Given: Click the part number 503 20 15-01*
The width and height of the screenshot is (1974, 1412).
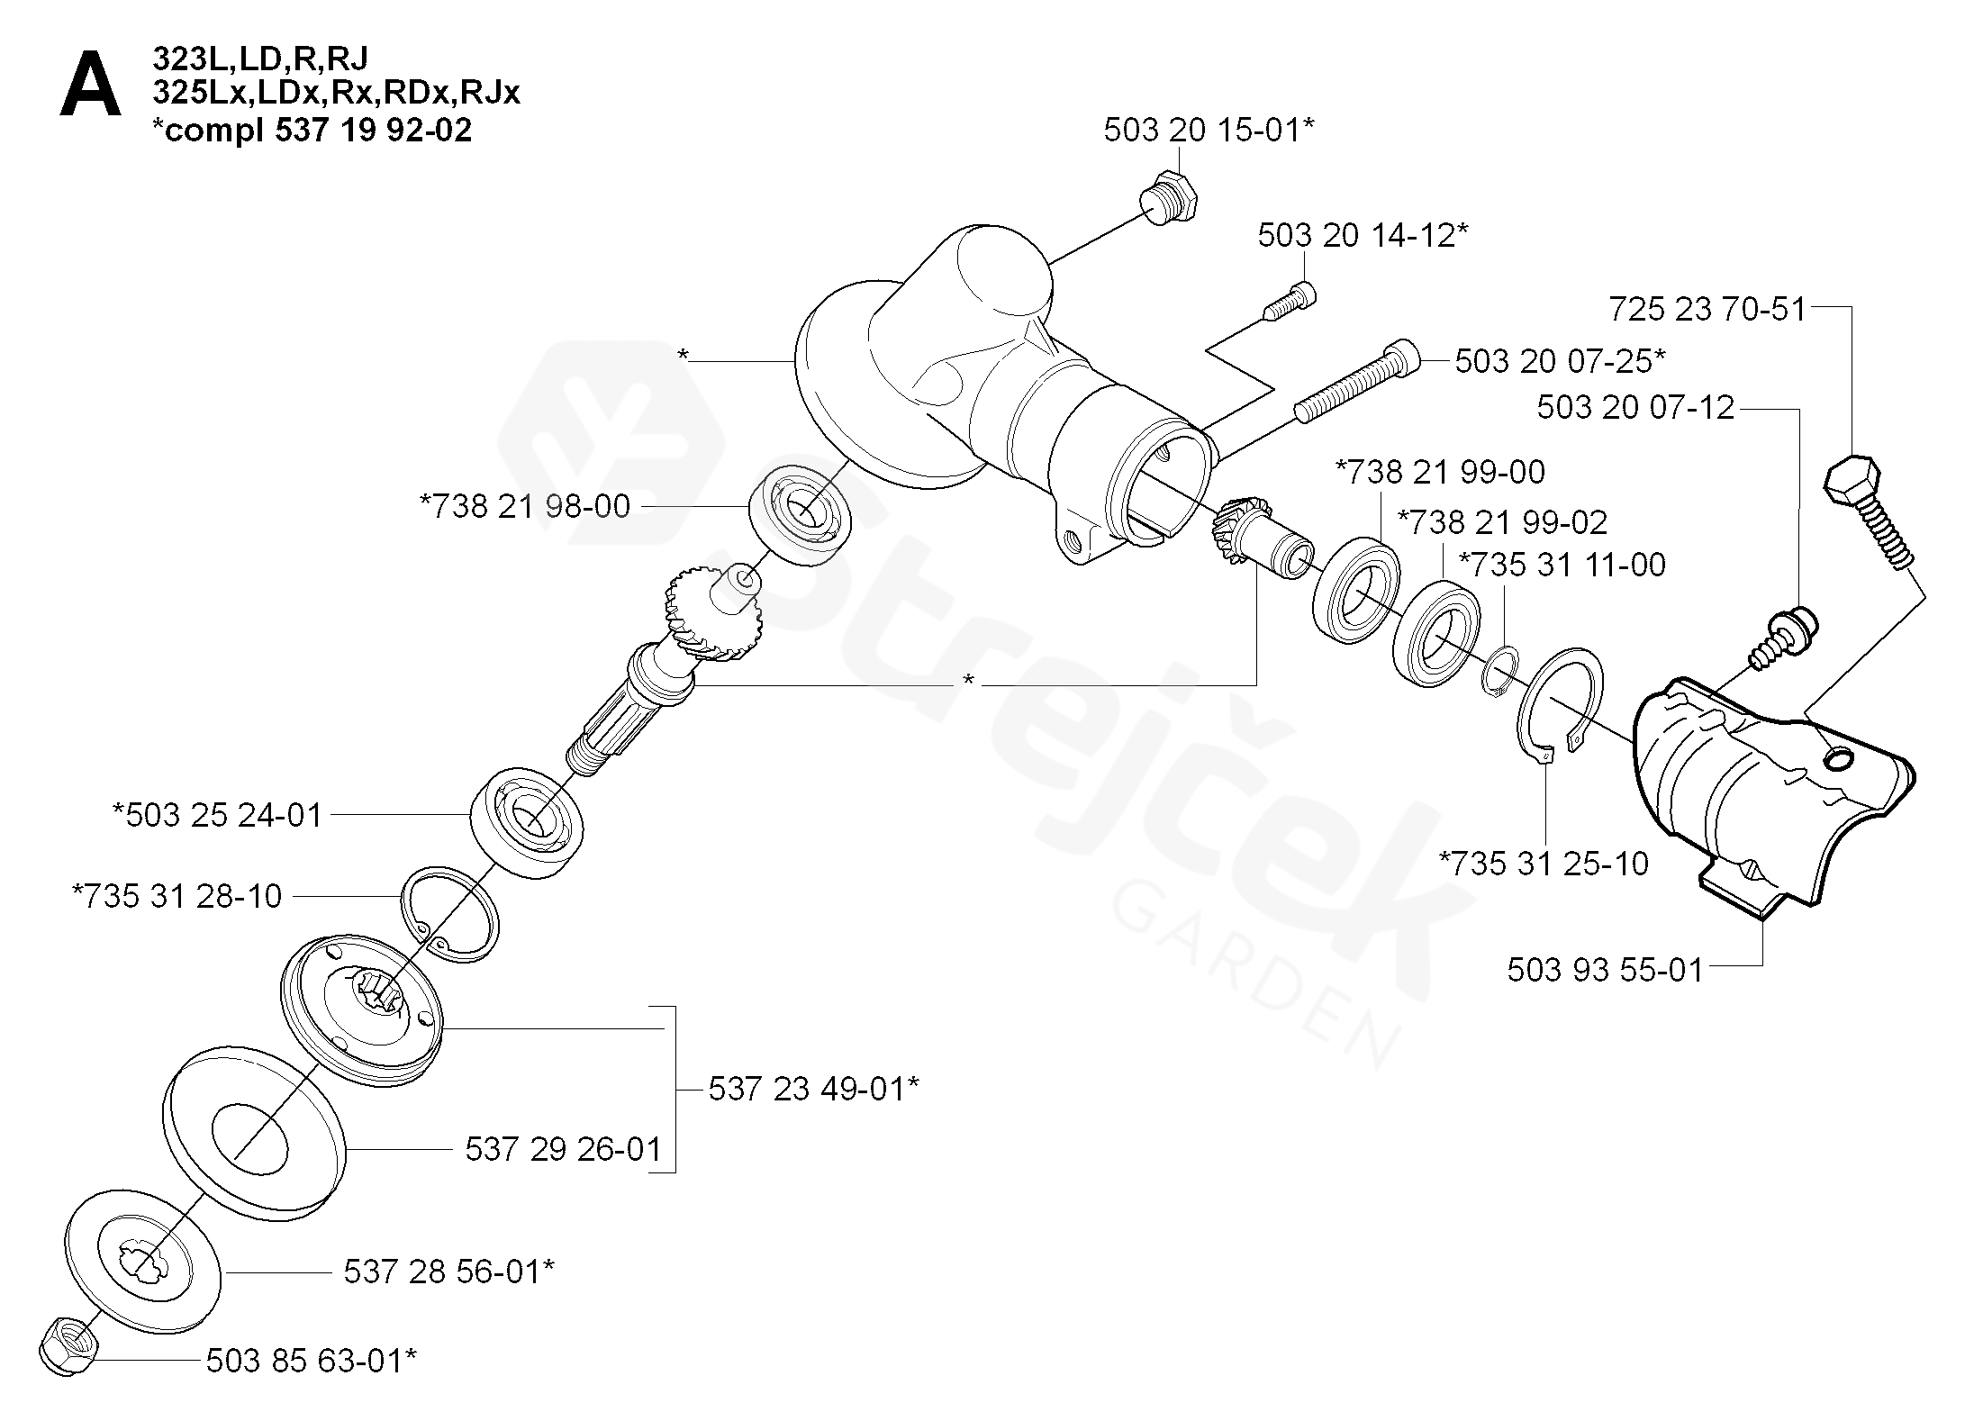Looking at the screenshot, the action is [1209, 131].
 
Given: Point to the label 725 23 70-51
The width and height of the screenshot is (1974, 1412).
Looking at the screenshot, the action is [1707, 309].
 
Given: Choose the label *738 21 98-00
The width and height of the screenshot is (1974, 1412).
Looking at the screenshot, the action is [525, 506].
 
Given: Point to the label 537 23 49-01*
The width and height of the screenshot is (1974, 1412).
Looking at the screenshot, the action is [813, 1089].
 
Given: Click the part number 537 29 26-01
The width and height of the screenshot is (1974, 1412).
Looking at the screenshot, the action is [563, 1149].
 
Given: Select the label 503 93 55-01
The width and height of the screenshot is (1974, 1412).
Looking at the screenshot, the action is [1605, 970].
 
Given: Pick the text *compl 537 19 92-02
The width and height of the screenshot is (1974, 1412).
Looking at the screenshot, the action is [312, 131].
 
